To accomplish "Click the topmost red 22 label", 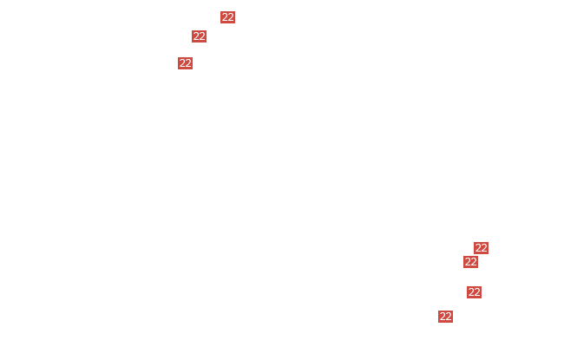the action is pos(227,17).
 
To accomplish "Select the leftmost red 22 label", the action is pos(185,63).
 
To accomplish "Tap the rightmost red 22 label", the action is pos(482,248).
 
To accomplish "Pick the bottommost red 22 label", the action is pos(446,317).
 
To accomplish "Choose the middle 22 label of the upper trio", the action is pos(200,36).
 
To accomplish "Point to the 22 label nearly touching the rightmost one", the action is pos(471,262).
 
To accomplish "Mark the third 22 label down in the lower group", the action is pos(475,292).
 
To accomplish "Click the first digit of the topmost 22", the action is pos(225,17).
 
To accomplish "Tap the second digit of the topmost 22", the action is pos(231,17).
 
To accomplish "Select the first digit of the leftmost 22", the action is pos(182,63).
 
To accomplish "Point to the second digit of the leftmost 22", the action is pos(188,63).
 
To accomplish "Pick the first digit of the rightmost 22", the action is pos(478,248).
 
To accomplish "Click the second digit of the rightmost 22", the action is pos(484,248).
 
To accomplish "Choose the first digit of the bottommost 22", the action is pos(443,317).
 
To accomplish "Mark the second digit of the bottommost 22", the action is pos(449,317).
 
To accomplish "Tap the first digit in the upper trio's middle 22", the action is pos(196,36).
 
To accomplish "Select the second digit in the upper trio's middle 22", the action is pos(202,36).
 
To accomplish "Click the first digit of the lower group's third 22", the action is pos(471,292).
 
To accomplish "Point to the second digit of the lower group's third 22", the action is pos(478,292).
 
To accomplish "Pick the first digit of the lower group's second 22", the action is pos(468,262).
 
